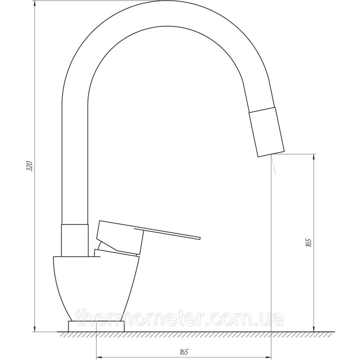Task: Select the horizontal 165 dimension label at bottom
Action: point(184,352)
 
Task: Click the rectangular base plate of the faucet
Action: point(96,327)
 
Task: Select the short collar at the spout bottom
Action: point(75,240)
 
